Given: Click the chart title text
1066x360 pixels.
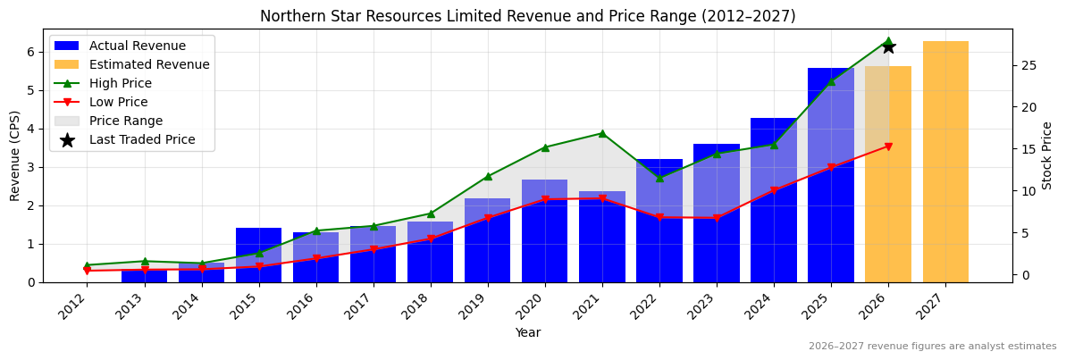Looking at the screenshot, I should click(527, 16).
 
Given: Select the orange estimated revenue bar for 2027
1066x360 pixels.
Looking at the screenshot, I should click(945, 162).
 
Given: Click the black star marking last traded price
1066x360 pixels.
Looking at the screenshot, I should click(888, 46).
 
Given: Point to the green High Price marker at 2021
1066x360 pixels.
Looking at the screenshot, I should click(602, 133).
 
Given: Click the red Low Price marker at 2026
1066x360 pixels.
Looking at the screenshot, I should click(888, 147).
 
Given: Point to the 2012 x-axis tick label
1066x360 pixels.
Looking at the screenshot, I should click(77, 308).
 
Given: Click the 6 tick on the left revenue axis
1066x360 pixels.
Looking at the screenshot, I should click(29, 52).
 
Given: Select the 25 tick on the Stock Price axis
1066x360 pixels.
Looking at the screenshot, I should click(1027, 65).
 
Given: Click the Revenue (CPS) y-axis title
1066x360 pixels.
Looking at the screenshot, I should click(15, 155).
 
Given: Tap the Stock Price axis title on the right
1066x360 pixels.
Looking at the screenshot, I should click(1047, 155).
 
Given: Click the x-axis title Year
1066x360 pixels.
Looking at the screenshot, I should click(527, 333).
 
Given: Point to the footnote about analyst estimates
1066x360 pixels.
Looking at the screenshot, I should click(932, 347).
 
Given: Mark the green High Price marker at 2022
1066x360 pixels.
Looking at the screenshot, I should click(659, 178).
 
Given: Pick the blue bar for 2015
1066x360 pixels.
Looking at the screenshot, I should click(259, 255).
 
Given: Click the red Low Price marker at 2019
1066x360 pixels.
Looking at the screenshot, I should click(488, 218).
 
